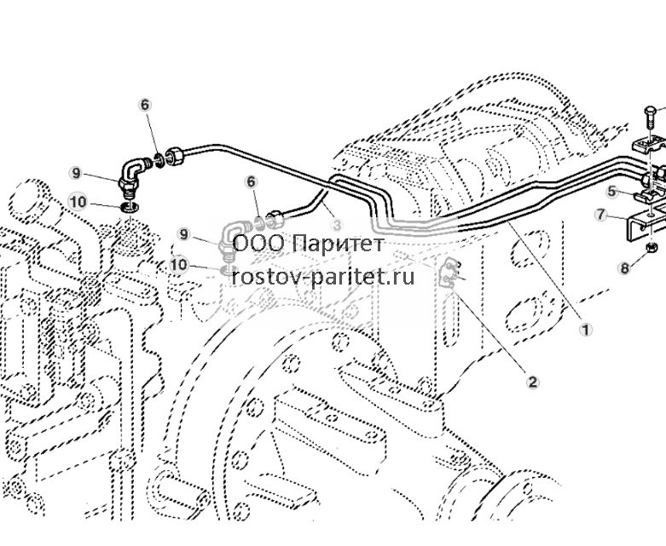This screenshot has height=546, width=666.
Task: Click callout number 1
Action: pyautogui.click(x=586, y=330)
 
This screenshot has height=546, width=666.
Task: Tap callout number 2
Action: pyautogui.click(x=533, y=382)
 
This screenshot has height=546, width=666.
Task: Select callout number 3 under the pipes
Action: pyautogui.click(x=337, y=225)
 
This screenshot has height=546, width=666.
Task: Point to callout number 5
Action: pyautogui.click(x=611, y=192)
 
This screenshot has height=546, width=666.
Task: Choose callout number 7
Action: pyautogui.click(x=600, y=215)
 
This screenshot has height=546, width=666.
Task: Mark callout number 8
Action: pyautogui.click(x=624, y=268)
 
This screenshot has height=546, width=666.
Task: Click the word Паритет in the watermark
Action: pyautogui.click(x=338, y=244)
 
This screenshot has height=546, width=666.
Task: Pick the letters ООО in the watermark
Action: pyautogui.click(x=259, y=244)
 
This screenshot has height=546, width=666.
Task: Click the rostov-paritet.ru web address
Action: pyautogui.click(x=323, y=278)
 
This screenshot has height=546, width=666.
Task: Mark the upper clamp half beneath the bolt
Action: pyautogui.click(x=648, y=144)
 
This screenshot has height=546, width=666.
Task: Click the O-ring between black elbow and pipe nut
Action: pyautogui.click(x=159, y=160)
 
